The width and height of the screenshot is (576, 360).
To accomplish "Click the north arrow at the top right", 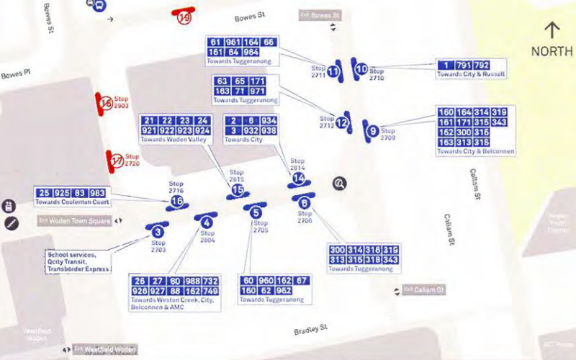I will coord(552,30).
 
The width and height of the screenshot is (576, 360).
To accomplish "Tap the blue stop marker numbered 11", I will coord(333,71).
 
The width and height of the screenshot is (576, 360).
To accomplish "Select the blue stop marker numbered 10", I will coord(361,69).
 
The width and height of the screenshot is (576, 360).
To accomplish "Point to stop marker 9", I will coord(372,131).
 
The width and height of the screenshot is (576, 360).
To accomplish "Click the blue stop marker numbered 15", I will coord(237,190).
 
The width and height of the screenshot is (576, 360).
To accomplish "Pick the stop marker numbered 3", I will coord(158,232).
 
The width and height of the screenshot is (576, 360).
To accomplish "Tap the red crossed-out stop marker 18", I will coord(106,104).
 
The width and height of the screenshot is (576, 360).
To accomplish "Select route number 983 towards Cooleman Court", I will coord(97,193).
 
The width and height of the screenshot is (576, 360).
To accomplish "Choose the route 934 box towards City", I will coord(269,120).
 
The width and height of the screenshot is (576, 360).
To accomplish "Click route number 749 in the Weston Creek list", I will coord(210,290).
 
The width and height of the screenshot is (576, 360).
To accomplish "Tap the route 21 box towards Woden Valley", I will coord(150,120).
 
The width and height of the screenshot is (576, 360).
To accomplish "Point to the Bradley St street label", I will coord(310,330).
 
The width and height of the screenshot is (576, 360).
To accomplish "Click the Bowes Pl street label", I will coord(12,75).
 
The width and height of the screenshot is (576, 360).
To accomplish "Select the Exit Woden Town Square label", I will coord(79,221).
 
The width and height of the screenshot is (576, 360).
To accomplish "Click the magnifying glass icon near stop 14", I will coord(340,184).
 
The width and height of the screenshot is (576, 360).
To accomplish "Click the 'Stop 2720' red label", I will coord(132,160).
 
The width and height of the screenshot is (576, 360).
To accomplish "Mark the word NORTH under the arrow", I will coord(552,52).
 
